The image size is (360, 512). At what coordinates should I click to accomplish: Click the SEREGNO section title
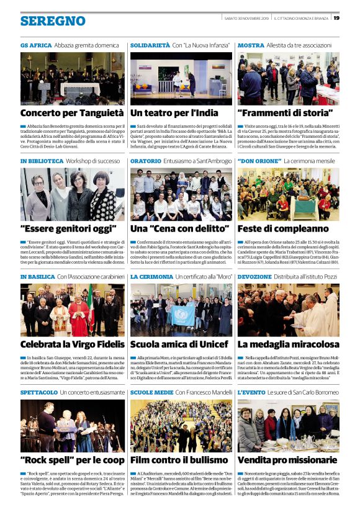pos(53,20)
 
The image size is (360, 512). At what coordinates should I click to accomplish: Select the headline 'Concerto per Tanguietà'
pos(72,113)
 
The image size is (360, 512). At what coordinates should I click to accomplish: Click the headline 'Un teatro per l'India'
pos(174,113)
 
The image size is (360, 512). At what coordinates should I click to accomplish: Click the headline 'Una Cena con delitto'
pos(176,228)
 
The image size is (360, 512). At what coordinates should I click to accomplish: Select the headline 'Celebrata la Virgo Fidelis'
pos(72,344)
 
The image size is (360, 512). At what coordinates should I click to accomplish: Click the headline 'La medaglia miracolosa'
pos(288,344)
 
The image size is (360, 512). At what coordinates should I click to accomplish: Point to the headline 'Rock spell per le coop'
pos(72,460)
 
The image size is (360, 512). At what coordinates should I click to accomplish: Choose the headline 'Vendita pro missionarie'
pos(287,460)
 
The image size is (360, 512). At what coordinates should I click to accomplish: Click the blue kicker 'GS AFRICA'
pos(35,45)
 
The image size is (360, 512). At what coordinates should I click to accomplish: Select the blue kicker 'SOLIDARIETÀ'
pos(150,45)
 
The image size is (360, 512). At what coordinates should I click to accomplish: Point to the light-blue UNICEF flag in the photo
pos(183,315)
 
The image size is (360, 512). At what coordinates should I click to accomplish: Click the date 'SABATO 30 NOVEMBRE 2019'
pos(246,18)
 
